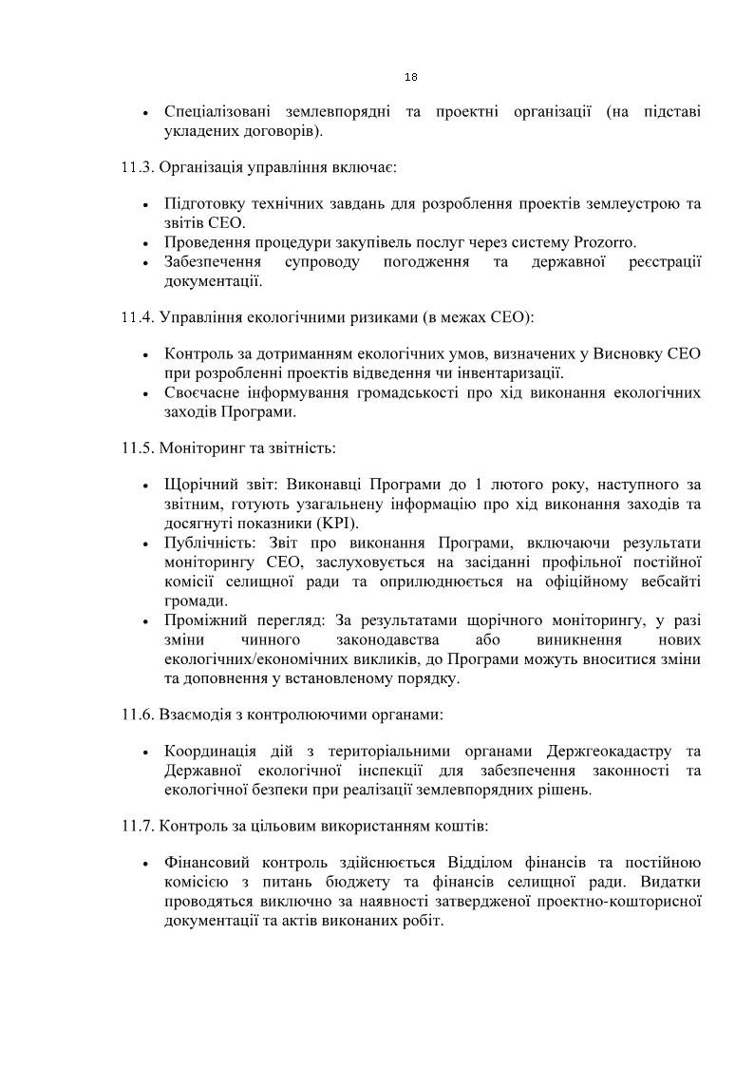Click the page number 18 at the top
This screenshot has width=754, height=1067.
coord(411,77)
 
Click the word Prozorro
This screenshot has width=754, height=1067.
coord(605,241)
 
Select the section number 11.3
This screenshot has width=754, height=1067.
coord(138,167)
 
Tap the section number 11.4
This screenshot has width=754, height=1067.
coord(138,316)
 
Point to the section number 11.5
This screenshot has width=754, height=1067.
coord(138,447)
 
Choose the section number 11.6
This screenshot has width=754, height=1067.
coord(138,713)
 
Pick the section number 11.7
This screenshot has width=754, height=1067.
coord(138,826)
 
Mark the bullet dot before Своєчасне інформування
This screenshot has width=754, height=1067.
coord(144,393)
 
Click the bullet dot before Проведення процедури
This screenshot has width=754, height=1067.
coord(144,242)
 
